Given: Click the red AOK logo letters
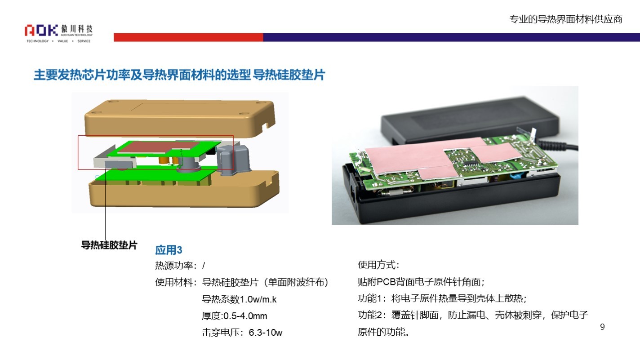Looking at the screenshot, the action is (41, 30).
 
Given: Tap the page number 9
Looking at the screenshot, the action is (602, 327).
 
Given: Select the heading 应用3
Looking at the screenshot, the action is (169, 250).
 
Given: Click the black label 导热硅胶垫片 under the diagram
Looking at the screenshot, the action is (109, 245).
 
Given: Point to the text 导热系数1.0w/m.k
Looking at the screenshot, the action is (239, 299).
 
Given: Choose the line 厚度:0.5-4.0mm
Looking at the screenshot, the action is (234, 316).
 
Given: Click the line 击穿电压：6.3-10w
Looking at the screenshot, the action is (242, 332).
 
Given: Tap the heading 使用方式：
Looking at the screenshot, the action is (379, 265).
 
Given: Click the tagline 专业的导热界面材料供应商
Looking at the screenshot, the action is (566, 19).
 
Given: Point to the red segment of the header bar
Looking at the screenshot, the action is (188, 37).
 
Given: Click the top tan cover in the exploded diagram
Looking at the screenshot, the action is (180, 117).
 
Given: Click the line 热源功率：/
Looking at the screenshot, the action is (180, 266).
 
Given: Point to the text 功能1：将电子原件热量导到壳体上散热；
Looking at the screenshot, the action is (442, 298).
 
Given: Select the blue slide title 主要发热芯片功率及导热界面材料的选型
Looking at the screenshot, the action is (142, 75).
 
